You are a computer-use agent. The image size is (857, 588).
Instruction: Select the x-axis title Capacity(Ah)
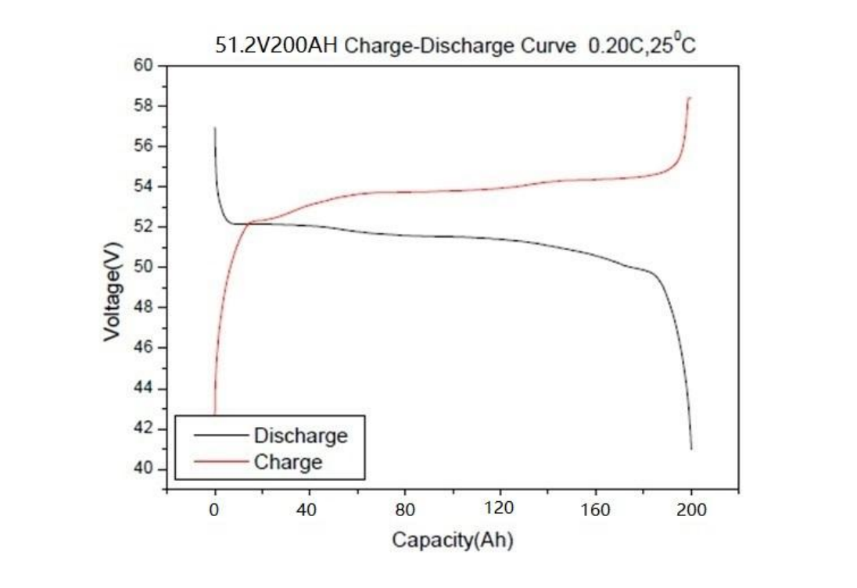(452, 540)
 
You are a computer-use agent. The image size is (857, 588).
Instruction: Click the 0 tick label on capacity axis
(214, 511)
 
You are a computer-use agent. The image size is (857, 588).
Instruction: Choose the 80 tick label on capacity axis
(405, 511)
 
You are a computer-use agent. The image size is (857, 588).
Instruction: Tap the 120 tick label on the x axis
(500, 509)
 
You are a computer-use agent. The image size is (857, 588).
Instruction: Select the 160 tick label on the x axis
(596, 511)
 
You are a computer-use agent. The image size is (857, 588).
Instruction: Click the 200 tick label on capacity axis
(691, 511)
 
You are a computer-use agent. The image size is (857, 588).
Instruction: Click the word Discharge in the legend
(300, 436)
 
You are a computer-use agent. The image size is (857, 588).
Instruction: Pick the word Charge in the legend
(288, 461)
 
